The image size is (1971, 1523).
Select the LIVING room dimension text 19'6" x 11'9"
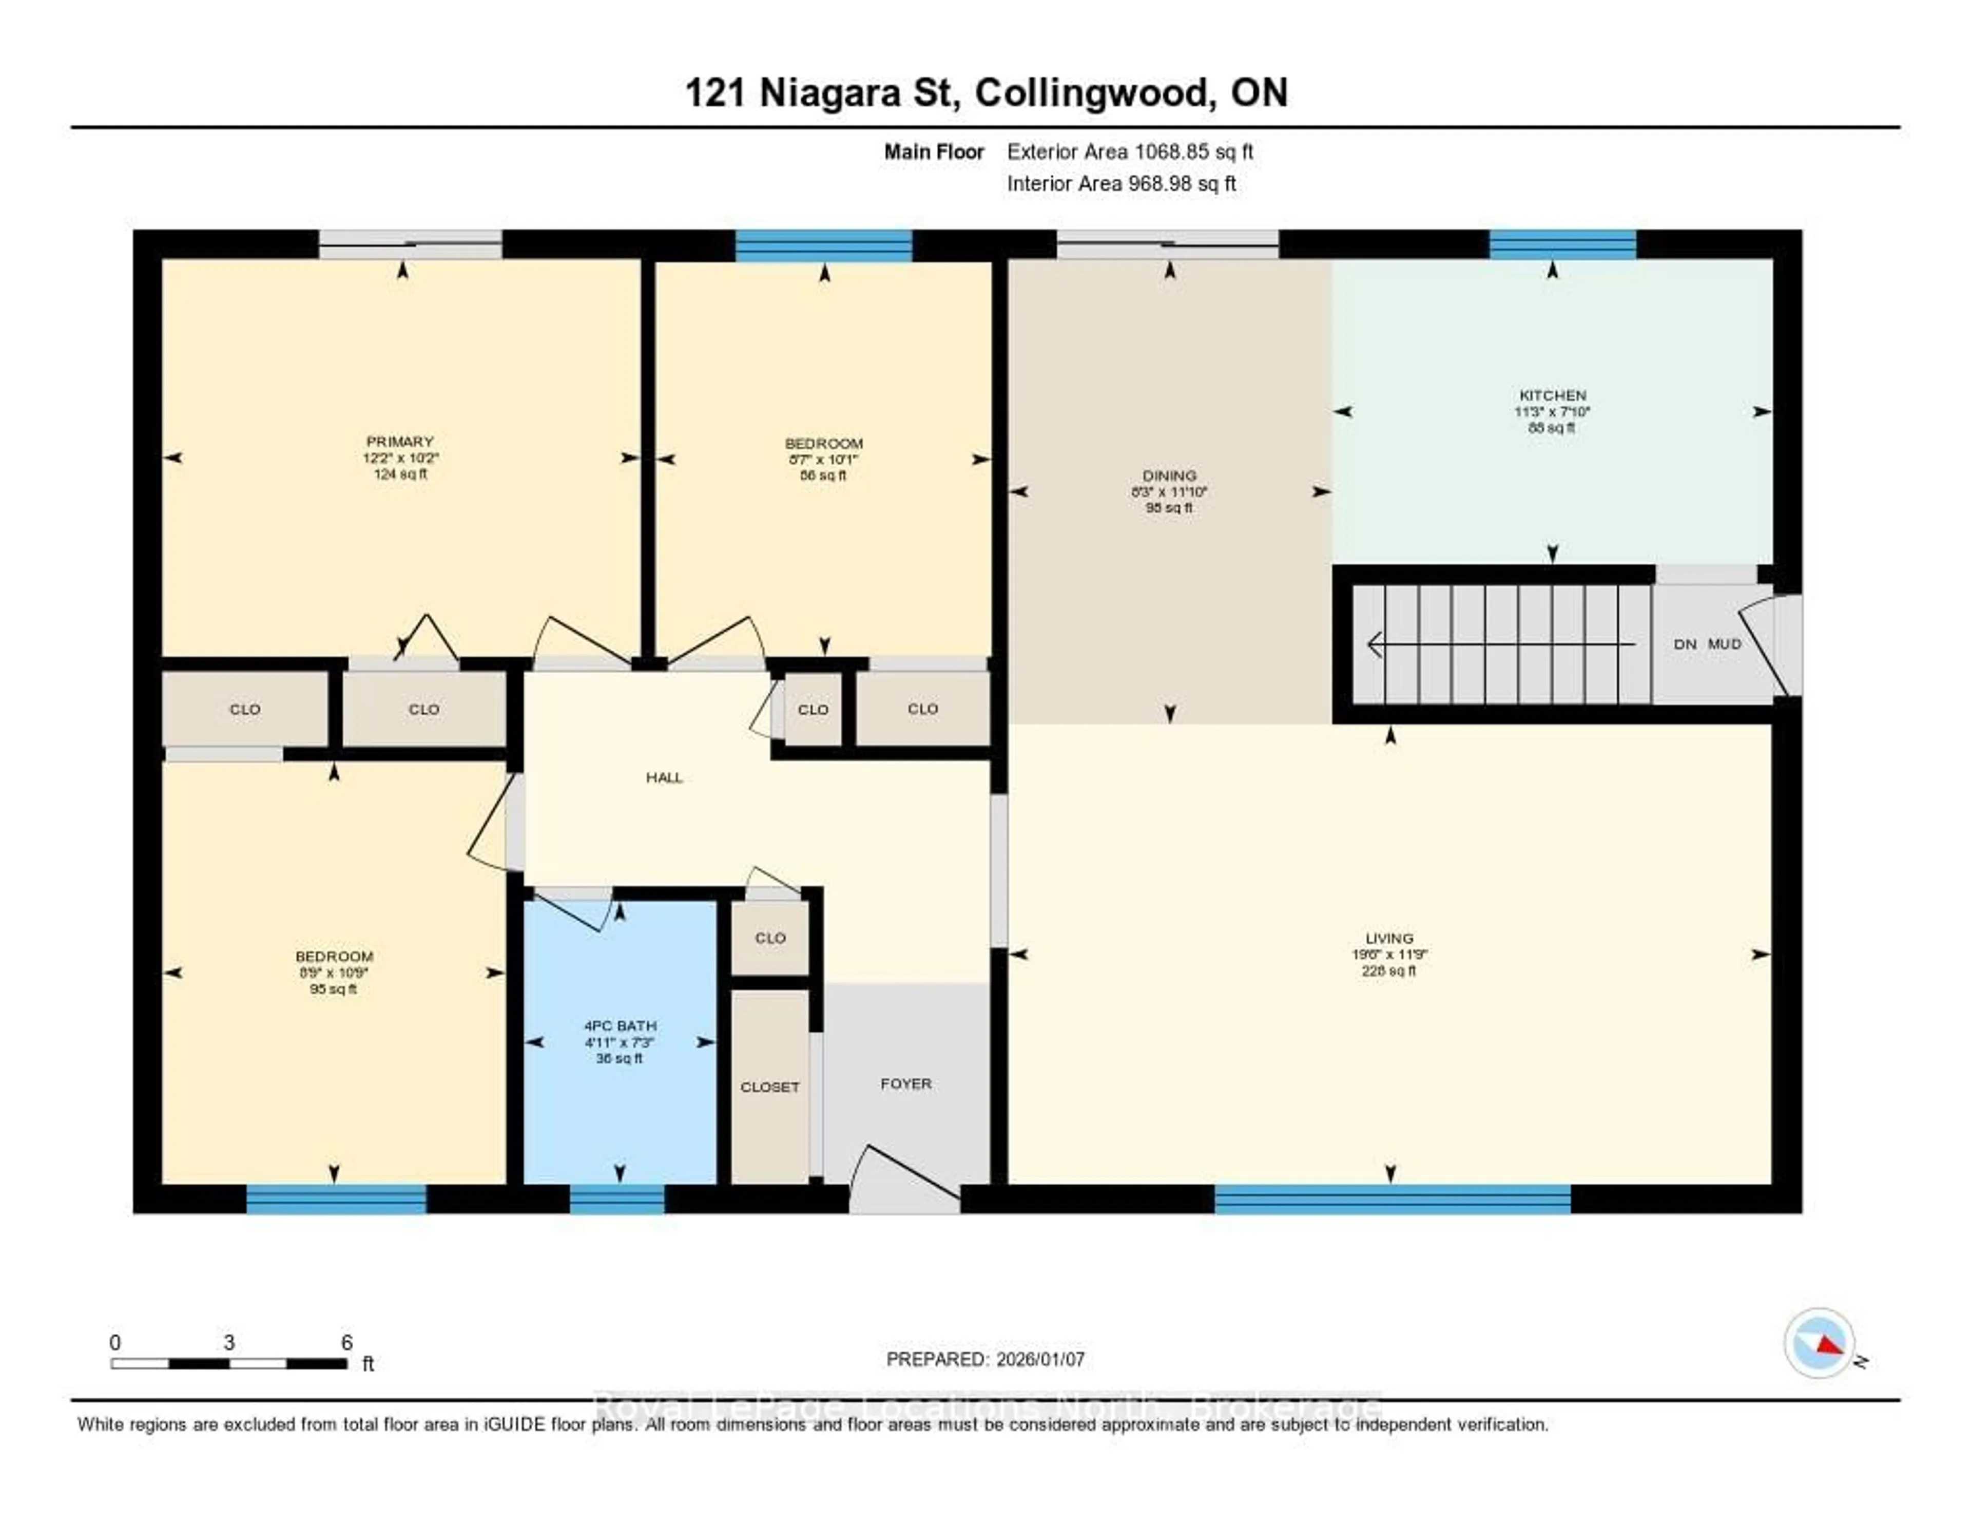(1389, 954)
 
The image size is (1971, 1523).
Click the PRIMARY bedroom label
(400, 442)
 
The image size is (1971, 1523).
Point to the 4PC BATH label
(620, 1025)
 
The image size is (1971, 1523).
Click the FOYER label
(905, 1083)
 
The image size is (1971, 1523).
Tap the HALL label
(664, 777)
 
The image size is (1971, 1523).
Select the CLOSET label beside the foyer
(770, 1087)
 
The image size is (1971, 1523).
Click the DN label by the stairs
(1685, 644)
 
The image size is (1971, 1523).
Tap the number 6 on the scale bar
(346, 1342)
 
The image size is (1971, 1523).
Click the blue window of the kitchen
(1562, 244)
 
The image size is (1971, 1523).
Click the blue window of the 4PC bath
(617, 1199)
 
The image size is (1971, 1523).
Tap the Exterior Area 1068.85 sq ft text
(1130, 151)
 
